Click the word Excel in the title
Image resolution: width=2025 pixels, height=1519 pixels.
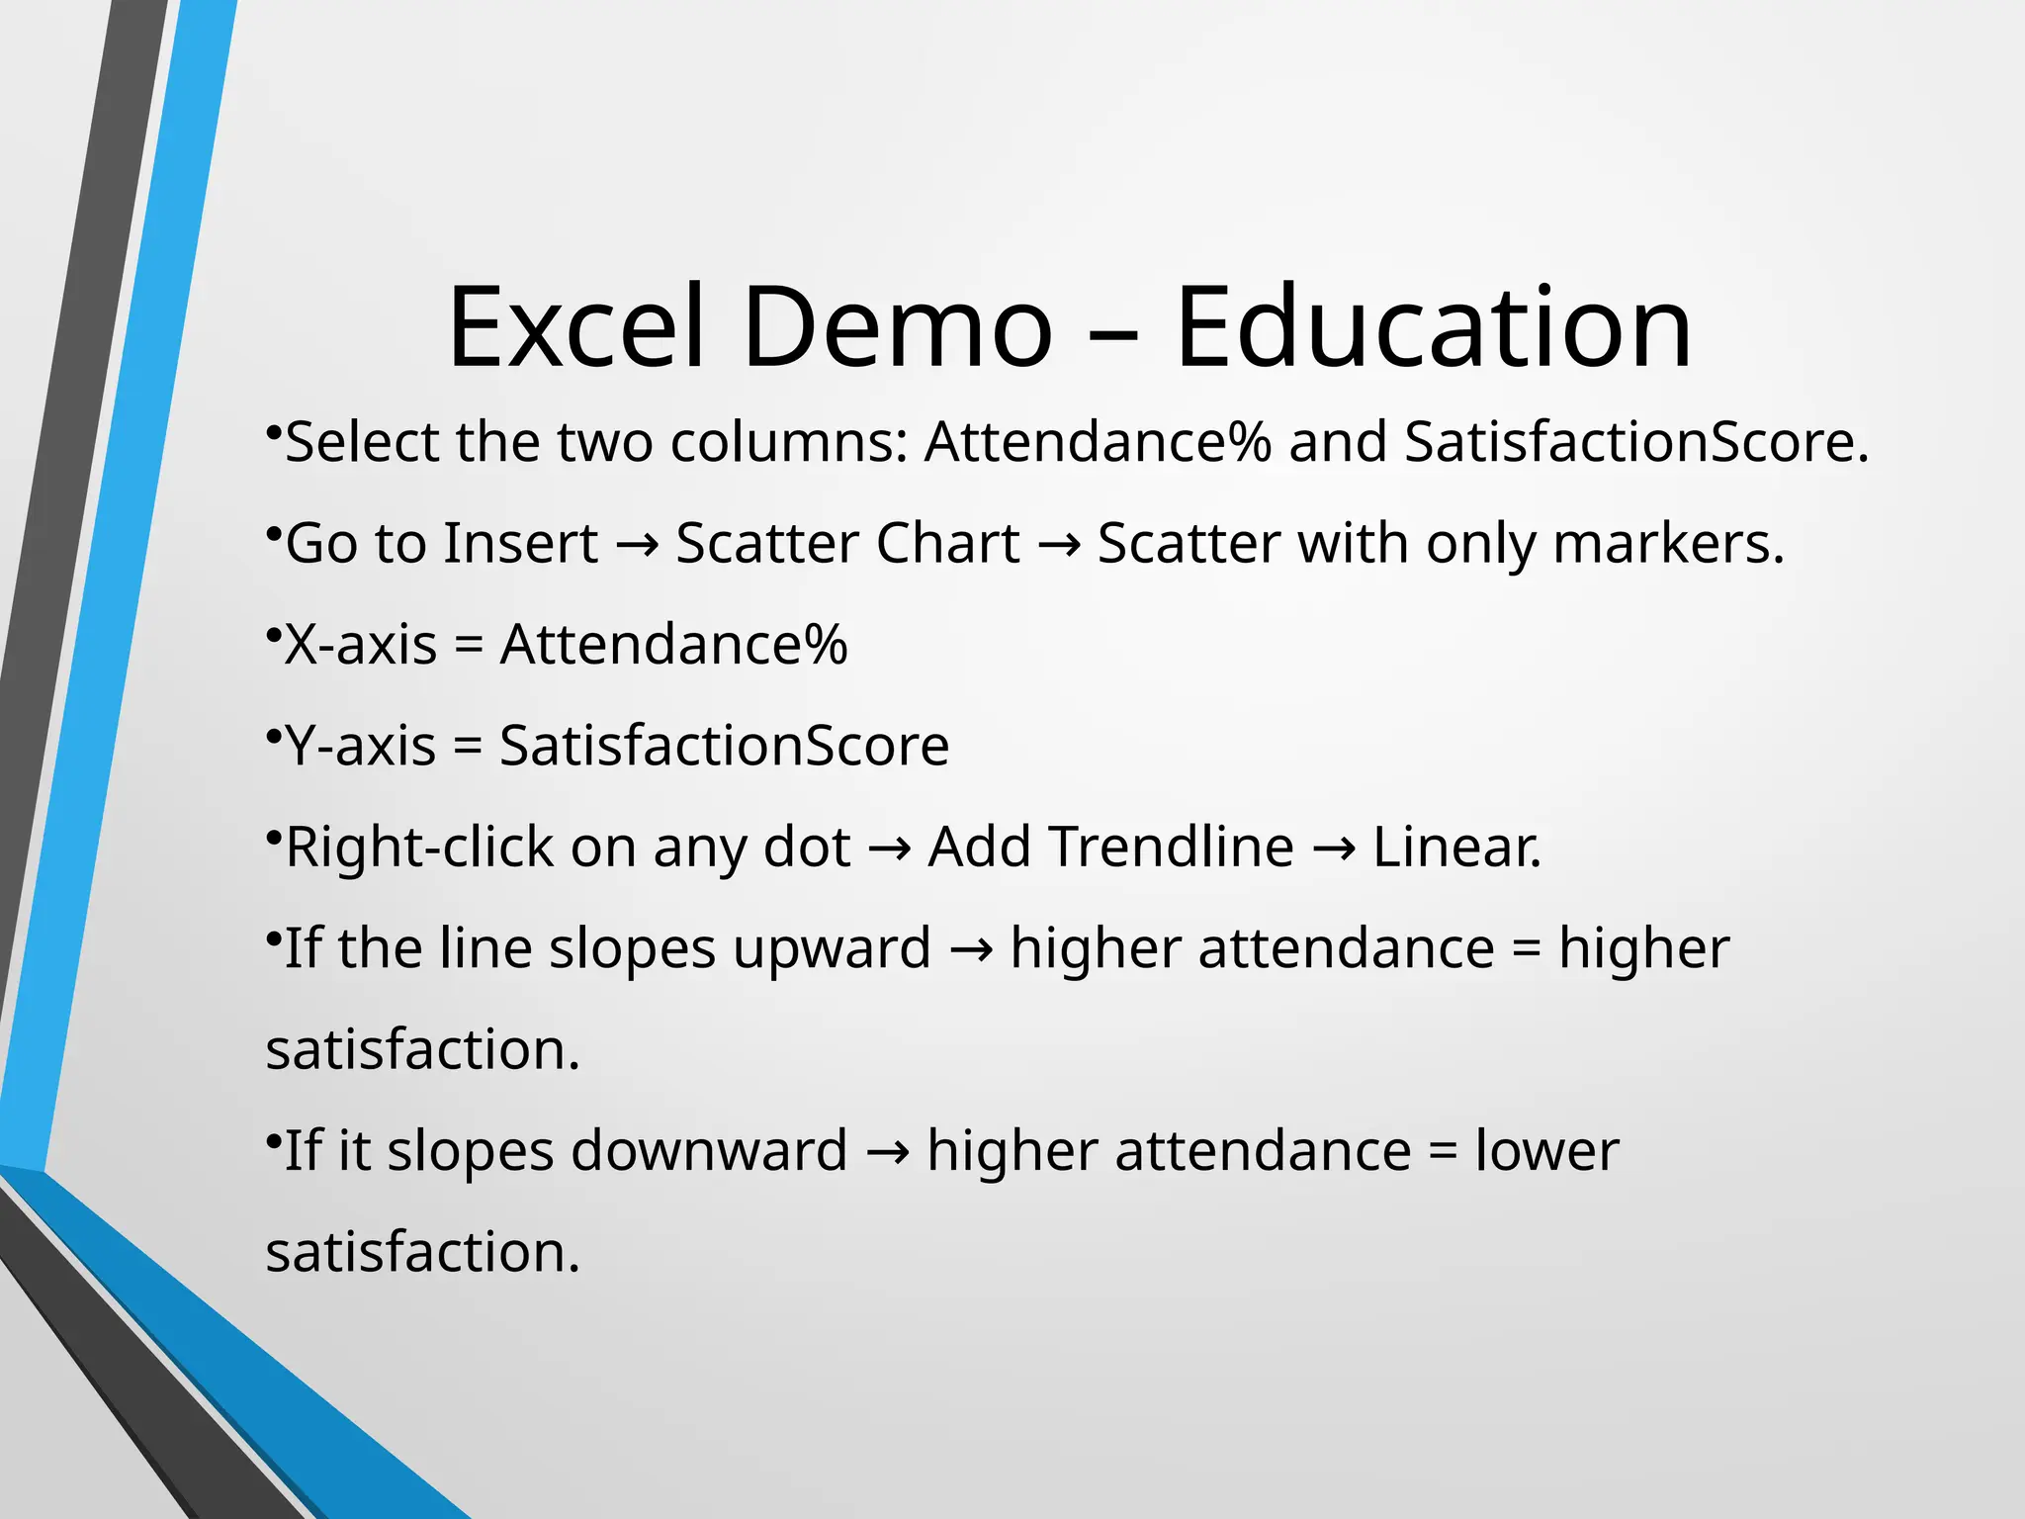coord(576,327)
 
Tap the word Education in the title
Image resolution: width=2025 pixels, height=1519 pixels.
coord(1433,327)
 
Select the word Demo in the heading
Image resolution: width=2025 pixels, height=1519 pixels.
coord(897,327)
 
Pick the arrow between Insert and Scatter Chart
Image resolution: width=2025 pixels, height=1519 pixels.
coord(637,546)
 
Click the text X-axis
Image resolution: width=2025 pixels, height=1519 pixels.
coord(361,645)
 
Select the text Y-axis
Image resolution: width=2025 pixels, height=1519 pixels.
coord(361,746)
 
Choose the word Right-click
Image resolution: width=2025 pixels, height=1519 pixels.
coord(419,848)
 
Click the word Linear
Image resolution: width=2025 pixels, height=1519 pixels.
coord(1456,848)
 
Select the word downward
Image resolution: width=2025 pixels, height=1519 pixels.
coord(709,1151)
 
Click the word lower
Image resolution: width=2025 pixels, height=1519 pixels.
coord(1546,1151)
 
